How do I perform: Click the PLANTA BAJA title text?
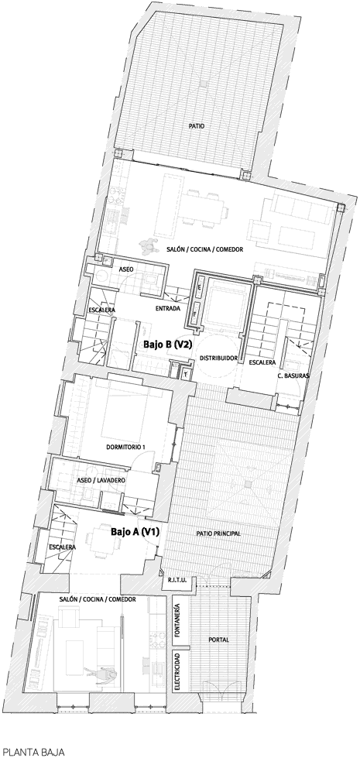click(x=33, y=753)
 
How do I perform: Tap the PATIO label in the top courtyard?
click(x=197, y=126)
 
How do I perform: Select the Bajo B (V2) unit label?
click(x=165, y=345)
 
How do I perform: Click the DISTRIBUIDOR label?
click(x=218, y=358)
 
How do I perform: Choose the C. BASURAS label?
click(x=293, y=376)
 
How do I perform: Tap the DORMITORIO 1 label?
click(x=125, y=448)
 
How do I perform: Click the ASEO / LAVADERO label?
click(x=101, y=481)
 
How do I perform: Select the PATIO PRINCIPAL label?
click(x=218, y=533)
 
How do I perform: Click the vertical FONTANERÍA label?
click(x=178, y=619)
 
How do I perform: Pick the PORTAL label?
click(x=219, y=640)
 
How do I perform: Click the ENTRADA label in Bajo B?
click(x=168, y=308)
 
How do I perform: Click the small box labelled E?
click(x=199, y=287)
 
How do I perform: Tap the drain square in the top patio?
click(x=204, y=84)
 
